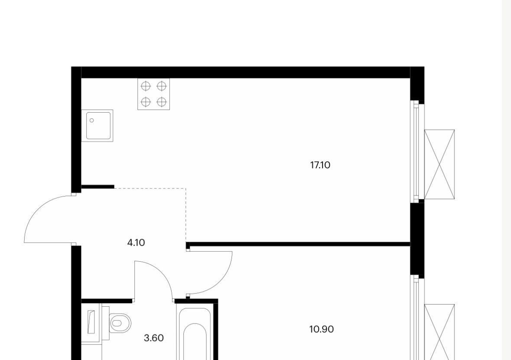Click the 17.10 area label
320,165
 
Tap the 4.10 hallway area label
136,243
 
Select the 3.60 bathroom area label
154,338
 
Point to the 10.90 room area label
321,329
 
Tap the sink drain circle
92,120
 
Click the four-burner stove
153,94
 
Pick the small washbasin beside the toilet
91,322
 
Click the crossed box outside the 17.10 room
439,164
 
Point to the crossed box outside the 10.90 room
439,332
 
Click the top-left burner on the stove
146,86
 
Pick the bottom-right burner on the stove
162,102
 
